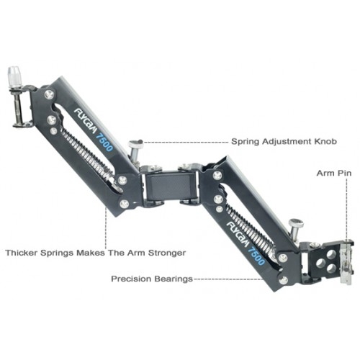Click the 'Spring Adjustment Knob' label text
(284, 141)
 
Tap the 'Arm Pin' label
(334, 173)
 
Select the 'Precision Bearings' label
(152, 279)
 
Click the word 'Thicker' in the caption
(22, 253)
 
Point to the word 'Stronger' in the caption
(167, 253)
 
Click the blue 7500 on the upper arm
(104, 143)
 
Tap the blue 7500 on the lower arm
(256, 256)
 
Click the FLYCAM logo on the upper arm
(86, 122)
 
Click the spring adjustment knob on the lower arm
(296, 228)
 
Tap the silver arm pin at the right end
(346, 265)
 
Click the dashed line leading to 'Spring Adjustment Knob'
(186, 142)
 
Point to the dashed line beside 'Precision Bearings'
(228, 279)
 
